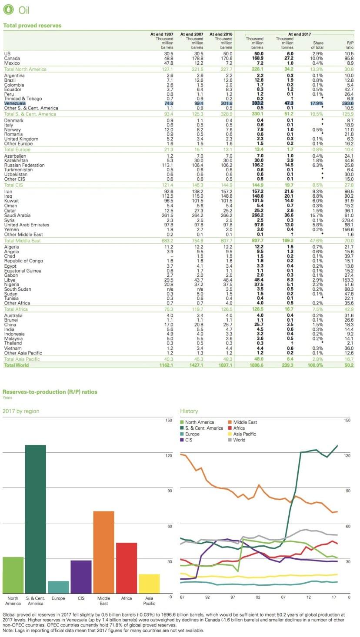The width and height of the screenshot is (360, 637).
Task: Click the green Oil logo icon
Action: click(8, 9)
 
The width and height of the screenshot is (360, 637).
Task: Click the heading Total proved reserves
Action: click(32, 26)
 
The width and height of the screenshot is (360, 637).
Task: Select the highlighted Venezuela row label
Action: click(15, 103)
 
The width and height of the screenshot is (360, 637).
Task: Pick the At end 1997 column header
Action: click(162, 34)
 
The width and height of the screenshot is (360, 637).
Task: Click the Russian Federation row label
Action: click(24, 165)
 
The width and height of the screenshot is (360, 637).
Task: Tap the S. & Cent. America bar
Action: click(35, 519)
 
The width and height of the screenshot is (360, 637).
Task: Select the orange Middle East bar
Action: click(103, 552)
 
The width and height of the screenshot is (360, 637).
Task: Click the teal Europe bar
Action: click(58, 587)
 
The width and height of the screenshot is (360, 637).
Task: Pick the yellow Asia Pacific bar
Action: click(149, 584)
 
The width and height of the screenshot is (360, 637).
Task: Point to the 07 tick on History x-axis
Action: click(283, 597)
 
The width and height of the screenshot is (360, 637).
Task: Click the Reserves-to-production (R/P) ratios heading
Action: click(50, 392)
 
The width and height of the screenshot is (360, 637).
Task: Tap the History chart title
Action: click(189, 411)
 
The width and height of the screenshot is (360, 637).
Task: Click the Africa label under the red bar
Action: click(126, 598)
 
